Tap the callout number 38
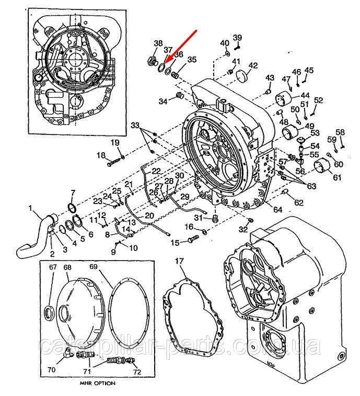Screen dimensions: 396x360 (158, 43)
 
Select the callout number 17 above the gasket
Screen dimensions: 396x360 (179, 261)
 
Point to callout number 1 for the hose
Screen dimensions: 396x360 (31, 208)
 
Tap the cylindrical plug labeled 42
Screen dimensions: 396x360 (241, 77)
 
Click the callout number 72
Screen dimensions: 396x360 (137, 372)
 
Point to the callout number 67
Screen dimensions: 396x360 (52, 267)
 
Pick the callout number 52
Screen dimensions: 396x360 (319, 100)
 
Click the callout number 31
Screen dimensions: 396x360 (198, 218)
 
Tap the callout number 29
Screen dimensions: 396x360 (185, 197)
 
